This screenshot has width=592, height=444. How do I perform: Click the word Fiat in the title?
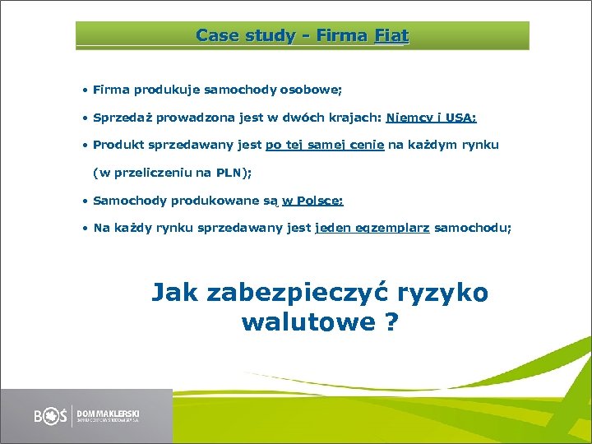391,36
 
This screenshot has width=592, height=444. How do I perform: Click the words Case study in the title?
234,36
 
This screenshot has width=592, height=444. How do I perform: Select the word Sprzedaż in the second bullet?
124,118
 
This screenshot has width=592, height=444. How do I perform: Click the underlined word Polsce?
317,201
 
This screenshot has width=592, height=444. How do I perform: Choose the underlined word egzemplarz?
392,229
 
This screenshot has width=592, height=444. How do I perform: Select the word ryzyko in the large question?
445,294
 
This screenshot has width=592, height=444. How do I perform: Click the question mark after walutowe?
391,321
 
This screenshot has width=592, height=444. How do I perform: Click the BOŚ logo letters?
51,415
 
